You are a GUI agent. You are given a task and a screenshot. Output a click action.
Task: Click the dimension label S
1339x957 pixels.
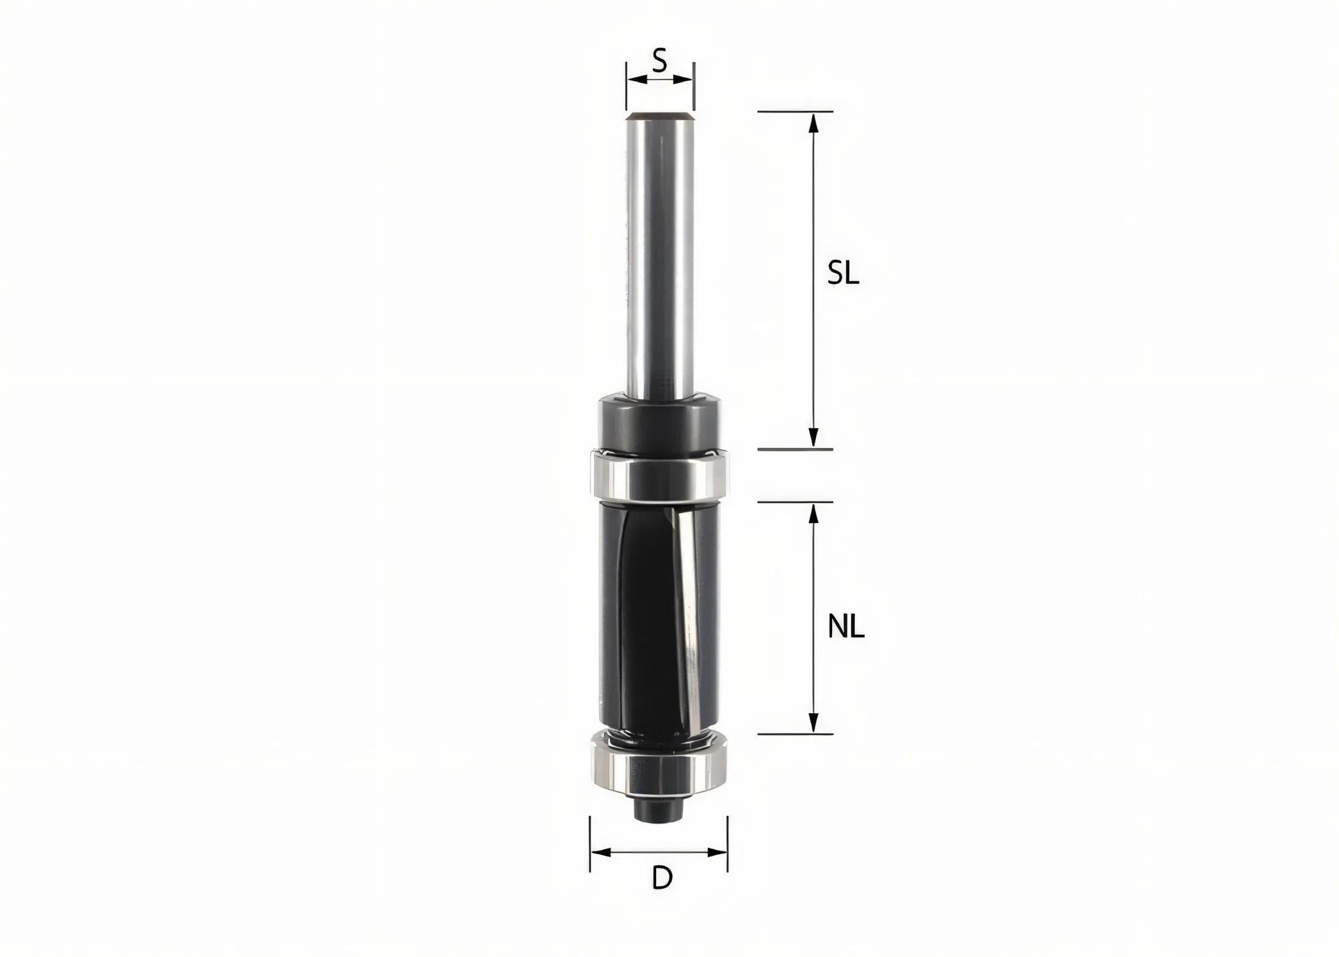[660, 62]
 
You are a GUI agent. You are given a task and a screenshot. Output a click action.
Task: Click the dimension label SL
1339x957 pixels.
[843, 273]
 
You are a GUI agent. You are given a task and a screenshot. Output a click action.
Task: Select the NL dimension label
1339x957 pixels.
[846, 628]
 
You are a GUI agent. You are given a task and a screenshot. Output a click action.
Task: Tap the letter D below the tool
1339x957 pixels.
[661, 878]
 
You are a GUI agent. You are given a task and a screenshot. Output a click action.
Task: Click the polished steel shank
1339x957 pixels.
[659, 254]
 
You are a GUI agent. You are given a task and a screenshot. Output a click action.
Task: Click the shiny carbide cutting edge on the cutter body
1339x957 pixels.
[687, 623]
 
